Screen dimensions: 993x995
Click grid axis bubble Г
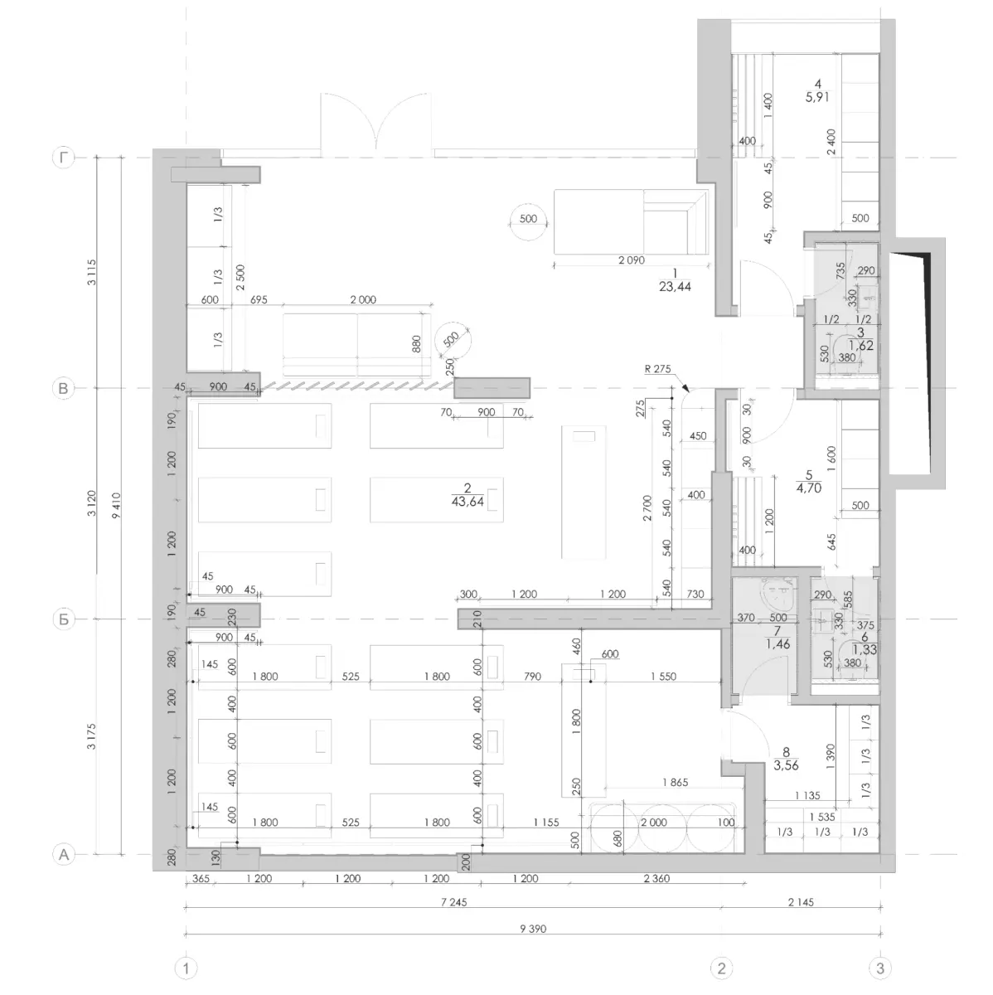(x=64, y=158)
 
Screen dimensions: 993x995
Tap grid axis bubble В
(x=64, y=388)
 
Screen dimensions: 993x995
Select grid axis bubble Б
(x=64, y=619)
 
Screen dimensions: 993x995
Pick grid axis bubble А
(x=64, y=855)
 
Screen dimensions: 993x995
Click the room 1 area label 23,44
(x=675, y=287)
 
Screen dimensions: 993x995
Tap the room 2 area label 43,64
(x=467, y=502)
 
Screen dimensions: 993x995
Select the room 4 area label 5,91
(x=817, y=96)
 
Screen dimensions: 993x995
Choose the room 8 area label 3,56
(x=786, y=766)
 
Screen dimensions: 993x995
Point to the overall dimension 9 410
(x=116, y=506)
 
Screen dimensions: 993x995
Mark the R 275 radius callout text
(x=658, y=369)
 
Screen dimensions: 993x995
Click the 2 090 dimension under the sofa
(x=632, y=260)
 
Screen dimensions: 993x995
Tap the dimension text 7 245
(x=454, y=902)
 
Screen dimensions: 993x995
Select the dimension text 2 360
(x=656, y=878)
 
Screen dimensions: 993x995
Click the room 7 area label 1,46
(x=778, y=644)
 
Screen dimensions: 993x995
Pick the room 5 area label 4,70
(x=809, y=488)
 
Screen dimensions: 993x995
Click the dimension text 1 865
(x=676, y=782)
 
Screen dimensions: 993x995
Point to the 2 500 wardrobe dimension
(x=240, y=277)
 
